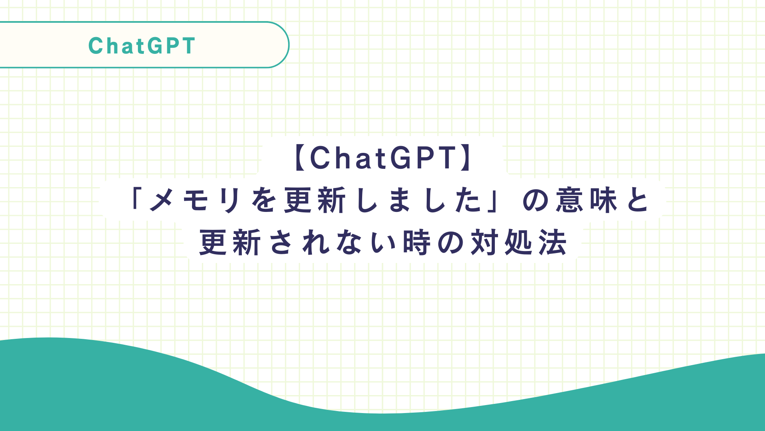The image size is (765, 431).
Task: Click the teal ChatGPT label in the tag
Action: click(142, 46)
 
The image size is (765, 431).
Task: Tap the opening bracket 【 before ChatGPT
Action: click(301, 158)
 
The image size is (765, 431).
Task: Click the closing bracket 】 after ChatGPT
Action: click(465, 158)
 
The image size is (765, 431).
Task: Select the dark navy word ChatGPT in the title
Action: click(382, 158)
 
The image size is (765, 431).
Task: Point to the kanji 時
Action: click(417, 243)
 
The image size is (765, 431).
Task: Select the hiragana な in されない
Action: click(349, 243)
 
